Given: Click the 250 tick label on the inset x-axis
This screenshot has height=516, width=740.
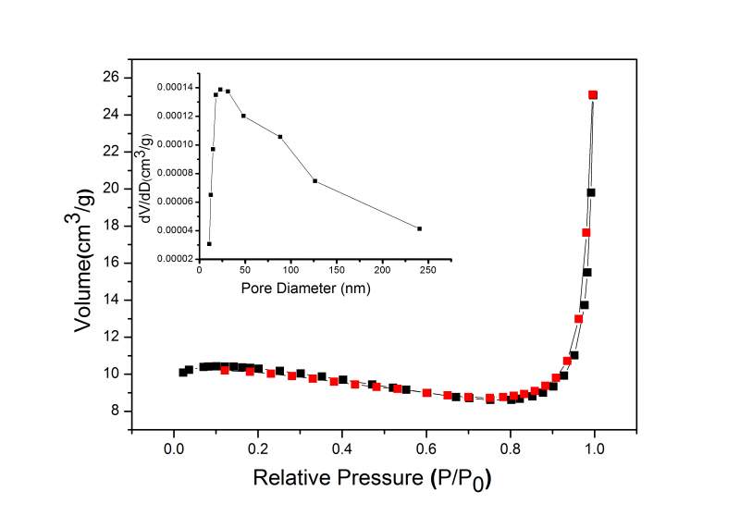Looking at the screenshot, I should (x=428, y=272).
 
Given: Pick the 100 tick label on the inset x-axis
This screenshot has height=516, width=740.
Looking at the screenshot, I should (x=291, y=272).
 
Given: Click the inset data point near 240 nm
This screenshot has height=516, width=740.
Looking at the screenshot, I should (x=419, y=228).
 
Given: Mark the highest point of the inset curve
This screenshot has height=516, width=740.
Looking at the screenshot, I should (x=220, y=89).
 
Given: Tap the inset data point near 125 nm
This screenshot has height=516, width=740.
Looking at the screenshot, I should (x=315, y=180).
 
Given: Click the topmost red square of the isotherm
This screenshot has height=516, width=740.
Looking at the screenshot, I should (x=593, y=94).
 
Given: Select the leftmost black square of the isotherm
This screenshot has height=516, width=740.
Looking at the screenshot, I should (x=183, y=372).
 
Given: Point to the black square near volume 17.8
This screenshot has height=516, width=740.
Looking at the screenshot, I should (x=590, y=192).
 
